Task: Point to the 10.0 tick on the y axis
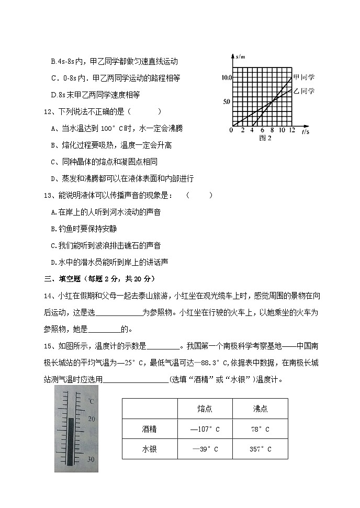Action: (x=226, y=77)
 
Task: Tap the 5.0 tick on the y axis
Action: (x=227, y=101)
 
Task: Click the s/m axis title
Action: (x=240, y=56)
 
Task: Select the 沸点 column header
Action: (x=260, y=409)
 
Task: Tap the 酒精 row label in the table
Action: (x=149, y=429)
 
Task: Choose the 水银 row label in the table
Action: (x=149, y=449)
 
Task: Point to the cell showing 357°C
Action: (x=260, y=449)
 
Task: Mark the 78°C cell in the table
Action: (x=260, y=429)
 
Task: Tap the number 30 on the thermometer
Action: (x=91, y=459)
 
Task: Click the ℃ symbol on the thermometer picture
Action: (x=91, y=401)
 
